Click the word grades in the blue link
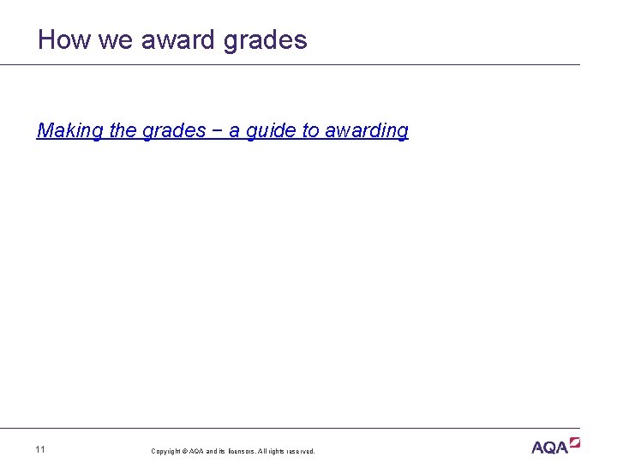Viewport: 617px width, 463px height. click(x=174, y=130)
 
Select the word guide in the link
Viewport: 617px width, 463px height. click(x=271, y=130)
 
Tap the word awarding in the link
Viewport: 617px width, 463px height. click(x=367, y=130)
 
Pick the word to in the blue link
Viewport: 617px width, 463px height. click(x=310, y=130)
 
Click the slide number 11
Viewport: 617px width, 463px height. click(x=41, y=449)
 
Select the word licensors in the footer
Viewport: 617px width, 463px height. click(x=237, y=451)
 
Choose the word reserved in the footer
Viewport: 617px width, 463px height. click(x=301, y=451)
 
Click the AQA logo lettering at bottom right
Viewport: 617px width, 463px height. click(x=550, y=448)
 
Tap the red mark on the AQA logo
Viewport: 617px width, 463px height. click(x=575, y=442)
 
